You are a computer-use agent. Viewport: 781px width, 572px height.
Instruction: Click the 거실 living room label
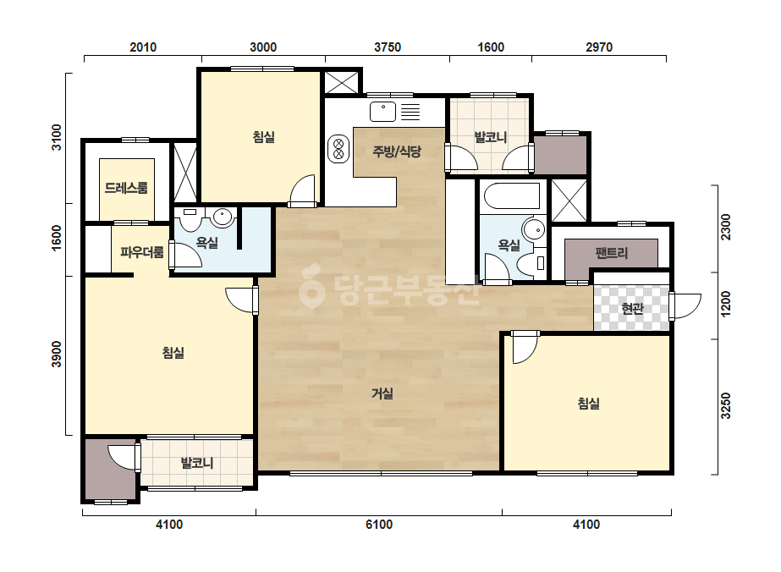[x=382, y=393]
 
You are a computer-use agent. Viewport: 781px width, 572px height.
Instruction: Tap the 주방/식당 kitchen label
[x=397, y=151]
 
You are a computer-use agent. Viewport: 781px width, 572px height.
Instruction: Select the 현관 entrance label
[x=633, y=308]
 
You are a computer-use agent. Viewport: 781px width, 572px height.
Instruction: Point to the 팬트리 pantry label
[x=611, y=253]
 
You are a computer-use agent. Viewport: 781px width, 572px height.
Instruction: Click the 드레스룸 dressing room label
[x=126, y=188]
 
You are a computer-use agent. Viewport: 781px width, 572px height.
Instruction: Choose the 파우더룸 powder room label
[x=142, y=252]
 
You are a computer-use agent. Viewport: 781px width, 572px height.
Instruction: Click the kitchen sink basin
[x=382, y=112]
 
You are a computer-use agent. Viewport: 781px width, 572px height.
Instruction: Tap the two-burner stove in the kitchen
[x=338, y=149]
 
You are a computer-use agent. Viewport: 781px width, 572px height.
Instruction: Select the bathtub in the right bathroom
[x=512, y=196]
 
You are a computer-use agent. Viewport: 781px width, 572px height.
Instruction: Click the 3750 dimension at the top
[x=388, y=47]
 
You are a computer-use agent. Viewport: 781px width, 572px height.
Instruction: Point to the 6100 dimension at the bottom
[x=379, y=524]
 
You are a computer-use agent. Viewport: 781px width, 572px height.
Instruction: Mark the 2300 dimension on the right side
[x=726, y=227]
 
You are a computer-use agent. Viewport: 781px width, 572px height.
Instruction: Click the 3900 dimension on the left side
[x=57, y=355]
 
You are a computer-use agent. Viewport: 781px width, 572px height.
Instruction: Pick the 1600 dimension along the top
[x=491, y=47]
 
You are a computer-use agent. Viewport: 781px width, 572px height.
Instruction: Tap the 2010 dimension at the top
[x=143, y=47]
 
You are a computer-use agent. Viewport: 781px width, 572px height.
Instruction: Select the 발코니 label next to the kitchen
[x=491, y=137]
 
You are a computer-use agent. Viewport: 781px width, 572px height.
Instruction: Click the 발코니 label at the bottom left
[x=197, y=463]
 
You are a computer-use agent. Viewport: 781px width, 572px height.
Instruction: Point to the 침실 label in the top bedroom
[x=263, y=136]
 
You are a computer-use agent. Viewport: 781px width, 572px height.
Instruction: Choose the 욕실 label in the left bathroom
[x=206, y=243]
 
